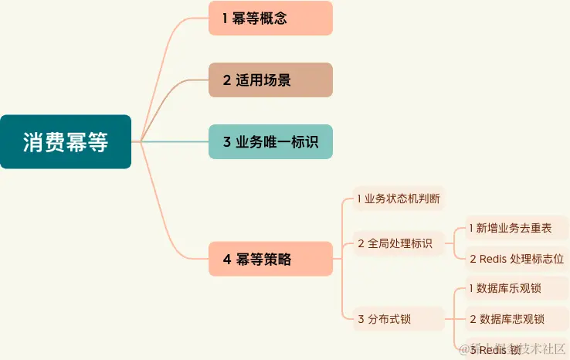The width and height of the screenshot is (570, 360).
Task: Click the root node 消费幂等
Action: (x=66, y=142)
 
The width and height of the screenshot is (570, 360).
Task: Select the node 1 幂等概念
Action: (x=270, y=19)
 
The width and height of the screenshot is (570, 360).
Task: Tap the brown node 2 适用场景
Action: (x=270, y=80)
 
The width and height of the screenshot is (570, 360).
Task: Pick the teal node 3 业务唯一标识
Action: (x=270, y=141)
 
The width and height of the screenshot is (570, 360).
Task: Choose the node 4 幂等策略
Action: (x=270, y=260)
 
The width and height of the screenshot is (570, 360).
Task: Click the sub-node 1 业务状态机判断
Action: (x=399, y=199)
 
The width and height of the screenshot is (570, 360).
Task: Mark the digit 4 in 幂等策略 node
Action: (x=227, y=260)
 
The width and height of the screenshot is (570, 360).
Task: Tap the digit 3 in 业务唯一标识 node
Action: (x=227, y=141)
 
